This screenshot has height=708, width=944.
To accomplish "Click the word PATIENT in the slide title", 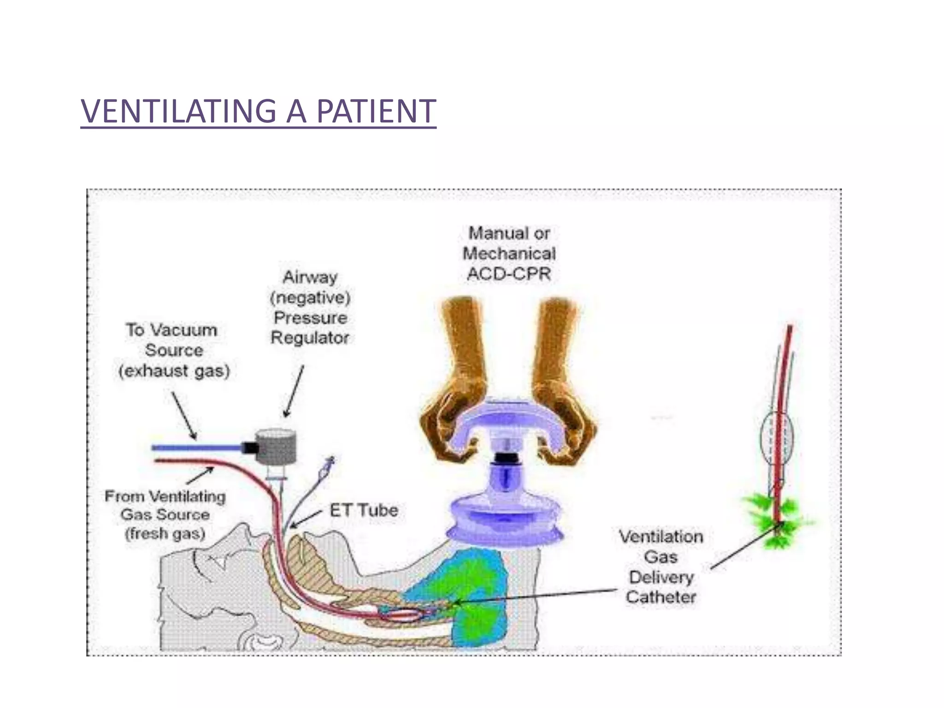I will click(376, 112).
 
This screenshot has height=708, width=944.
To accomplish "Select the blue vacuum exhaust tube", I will click(198, 447).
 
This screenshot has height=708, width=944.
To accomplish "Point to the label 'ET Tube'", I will click(364, 510).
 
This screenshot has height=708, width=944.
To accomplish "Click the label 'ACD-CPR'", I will click(509, 274).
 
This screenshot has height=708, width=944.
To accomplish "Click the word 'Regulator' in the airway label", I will click(310, 338).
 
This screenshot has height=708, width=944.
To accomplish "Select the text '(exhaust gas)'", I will click(174, 371).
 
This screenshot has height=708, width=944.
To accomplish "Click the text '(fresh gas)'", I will click(165, 534).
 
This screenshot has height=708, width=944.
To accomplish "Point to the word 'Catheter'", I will click(661, 597).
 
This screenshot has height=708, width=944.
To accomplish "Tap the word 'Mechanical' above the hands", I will click(509, 254).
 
